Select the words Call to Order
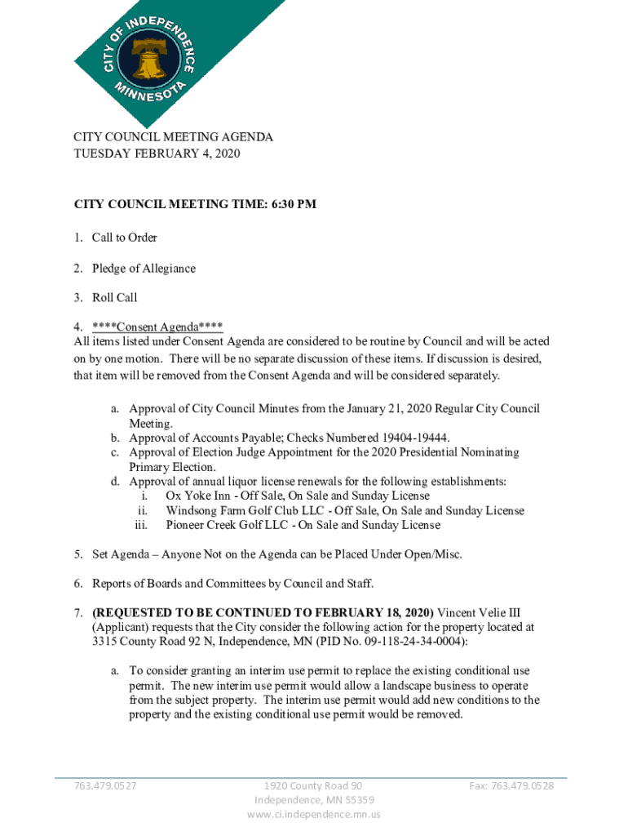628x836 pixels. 124,238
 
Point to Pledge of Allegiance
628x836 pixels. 144,268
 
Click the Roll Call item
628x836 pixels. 114,298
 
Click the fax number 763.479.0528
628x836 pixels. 511,786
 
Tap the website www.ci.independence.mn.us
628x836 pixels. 314,814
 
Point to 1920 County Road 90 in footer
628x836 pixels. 314,786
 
